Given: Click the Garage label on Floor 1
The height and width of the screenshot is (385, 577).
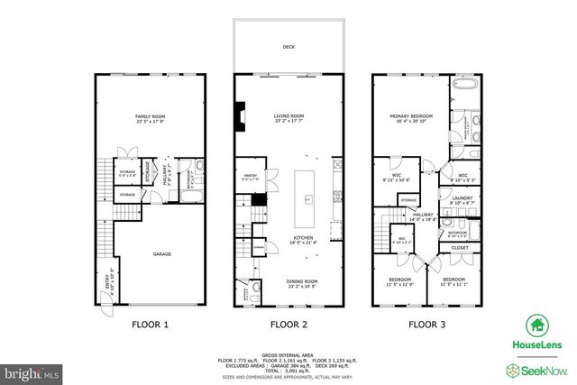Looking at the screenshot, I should click(161, 254).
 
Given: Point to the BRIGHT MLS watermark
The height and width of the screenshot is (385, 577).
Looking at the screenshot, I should click(32, 371).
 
